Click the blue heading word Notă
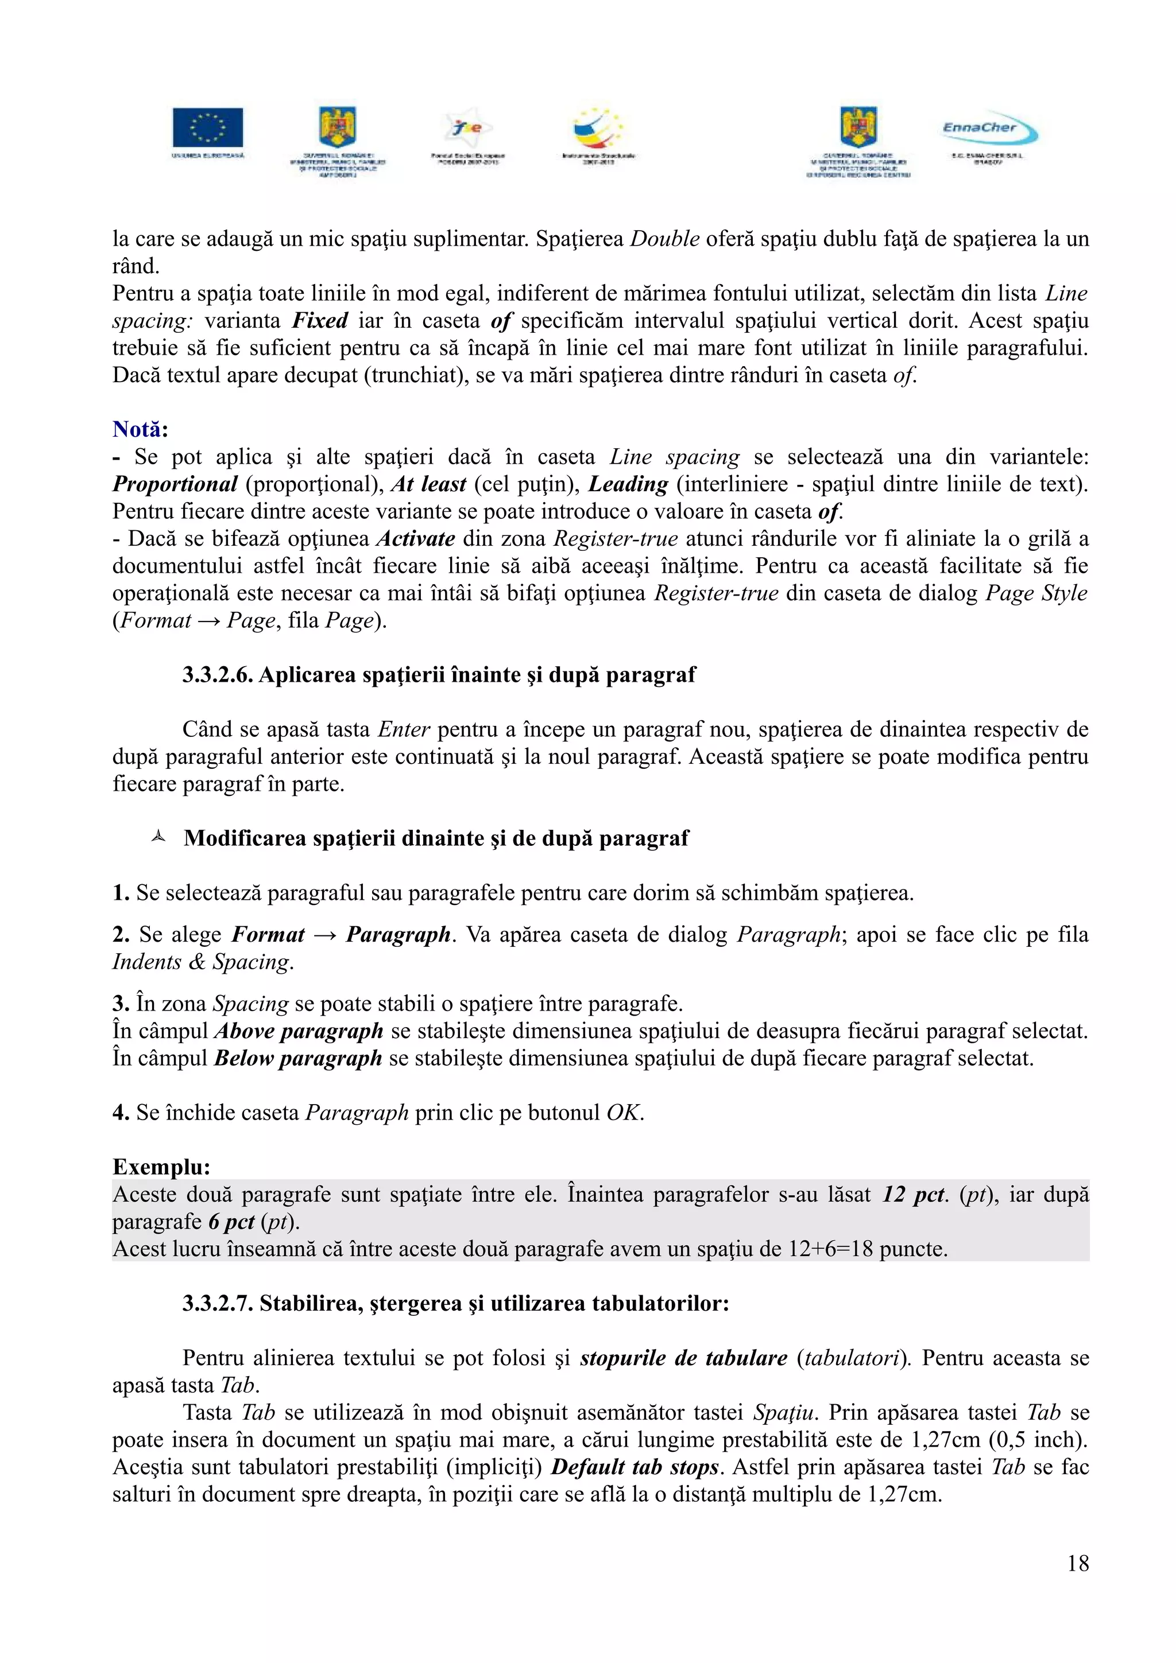(x=137, y=429)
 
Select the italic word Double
(x=664, y=239)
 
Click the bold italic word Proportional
(x=175, y=484)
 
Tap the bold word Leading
(x=628, y=484)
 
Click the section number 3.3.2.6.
(x=218, y=675)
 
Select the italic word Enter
(x=404, y=729)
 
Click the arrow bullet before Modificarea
(x=158, y=838)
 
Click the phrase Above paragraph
(x=299, y=1031)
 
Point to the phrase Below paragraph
(x=298, y=1058)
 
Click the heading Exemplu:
(x=161, y=1167)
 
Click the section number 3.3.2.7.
(x=218, y=1304)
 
